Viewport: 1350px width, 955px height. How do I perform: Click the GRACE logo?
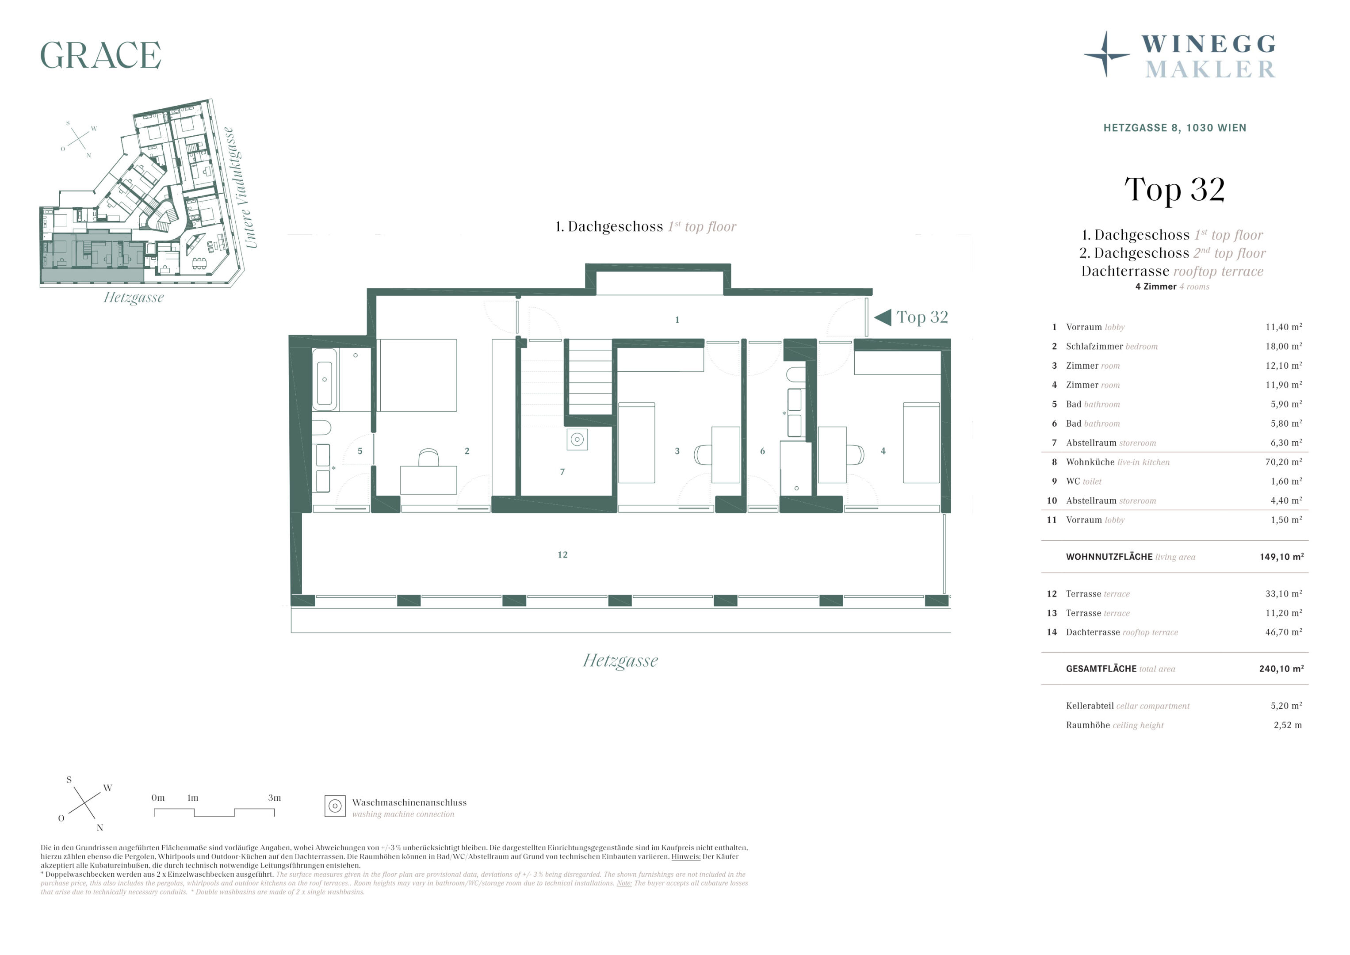(x=100, y=55)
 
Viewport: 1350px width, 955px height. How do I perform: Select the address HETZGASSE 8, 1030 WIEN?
(x=1175, y=128)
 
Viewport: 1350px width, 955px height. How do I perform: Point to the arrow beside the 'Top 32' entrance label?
(x=883, y=317)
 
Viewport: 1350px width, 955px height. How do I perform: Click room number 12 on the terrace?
(x=563, y=554)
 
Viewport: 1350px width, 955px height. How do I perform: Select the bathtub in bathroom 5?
(x=325, y=379)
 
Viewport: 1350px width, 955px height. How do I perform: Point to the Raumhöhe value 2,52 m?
(x=1288, y=725)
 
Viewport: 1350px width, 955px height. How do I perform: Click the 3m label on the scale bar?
(x=275, y=798)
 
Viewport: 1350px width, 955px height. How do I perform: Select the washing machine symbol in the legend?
(x=335, y=806)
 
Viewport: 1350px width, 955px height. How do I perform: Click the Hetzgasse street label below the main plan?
(x=620, y=661)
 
